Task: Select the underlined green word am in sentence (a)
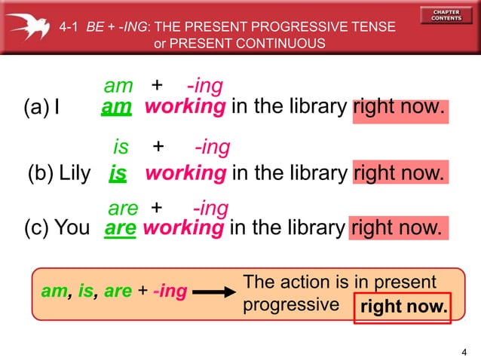pos(117,108)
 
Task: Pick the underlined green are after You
pos(121,228)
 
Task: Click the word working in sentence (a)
pos(185,107)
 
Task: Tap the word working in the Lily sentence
pos(185,174)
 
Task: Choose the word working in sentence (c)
pos(183,227)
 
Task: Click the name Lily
pos(75,174)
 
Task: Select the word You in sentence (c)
pos(72,227)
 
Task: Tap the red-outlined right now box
pos(404,307)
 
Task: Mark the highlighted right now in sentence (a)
pos(400,107)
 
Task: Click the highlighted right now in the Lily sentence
pos(400,174)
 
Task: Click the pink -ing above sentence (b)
pos(212,147)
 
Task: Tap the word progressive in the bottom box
pos(291,305)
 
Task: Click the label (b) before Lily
pos(39,174)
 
